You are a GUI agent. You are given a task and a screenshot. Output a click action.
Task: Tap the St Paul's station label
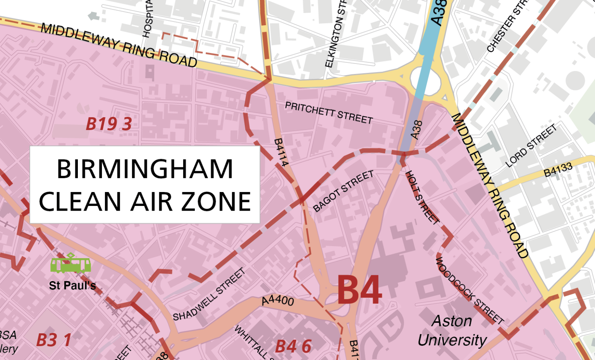click(72, 286)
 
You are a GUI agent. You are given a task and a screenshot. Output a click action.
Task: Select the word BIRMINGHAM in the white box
click(145, 169)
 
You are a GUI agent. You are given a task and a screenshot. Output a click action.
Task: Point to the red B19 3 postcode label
click(108, 124)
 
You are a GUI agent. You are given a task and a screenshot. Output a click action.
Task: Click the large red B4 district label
click(359, 290)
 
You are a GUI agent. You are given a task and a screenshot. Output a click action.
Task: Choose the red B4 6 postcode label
click(293, 346)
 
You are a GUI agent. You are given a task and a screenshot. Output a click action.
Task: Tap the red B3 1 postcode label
click(53, 340)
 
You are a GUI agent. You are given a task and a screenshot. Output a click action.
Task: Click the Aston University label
click(452, 331)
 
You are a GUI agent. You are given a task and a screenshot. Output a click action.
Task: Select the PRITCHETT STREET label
click(329, 113)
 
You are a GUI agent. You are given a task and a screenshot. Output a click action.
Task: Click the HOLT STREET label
click(422, 197)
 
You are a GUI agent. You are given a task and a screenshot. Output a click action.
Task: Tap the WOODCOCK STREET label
click(469, 290)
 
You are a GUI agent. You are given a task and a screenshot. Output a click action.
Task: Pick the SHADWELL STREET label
click(209, 295)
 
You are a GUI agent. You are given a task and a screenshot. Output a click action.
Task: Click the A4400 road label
click(277, 300)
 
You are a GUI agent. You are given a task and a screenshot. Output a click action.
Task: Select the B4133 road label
click(558, 170)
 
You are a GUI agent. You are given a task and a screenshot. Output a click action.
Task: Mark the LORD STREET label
click(531, 145)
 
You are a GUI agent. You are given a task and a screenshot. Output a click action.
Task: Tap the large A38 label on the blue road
click(439, 12)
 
